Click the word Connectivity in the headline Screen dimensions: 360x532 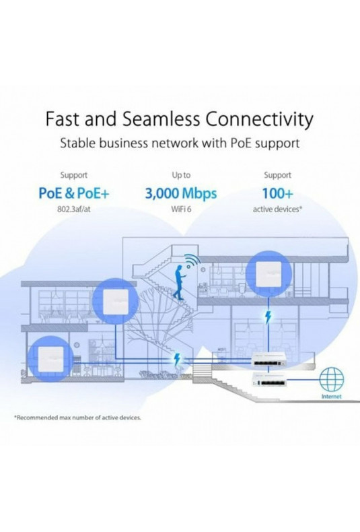(259, 119)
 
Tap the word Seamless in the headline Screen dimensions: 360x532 (161, 119)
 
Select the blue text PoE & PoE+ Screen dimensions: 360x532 (74, 193)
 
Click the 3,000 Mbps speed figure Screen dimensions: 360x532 (181, 193)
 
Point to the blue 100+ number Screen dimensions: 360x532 (277, 193)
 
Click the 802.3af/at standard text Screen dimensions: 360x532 (74, 209)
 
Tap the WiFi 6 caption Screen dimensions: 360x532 (181, 209)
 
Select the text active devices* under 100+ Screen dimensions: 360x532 (277, 209)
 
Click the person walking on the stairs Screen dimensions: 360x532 (179, 282)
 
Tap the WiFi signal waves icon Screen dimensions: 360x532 (192, 260)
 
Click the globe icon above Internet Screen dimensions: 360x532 (332, 378)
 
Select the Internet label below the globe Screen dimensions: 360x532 (331, 396)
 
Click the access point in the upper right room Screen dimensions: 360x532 (268, 274)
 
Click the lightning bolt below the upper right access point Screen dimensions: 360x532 (268, 317)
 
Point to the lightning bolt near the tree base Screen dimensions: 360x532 (176, 359)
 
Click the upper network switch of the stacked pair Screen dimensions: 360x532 (268, 361)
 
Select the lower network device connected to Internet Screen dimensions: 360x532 (268, 379)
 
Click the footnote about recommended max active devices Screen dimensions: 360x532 (77, 418)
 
